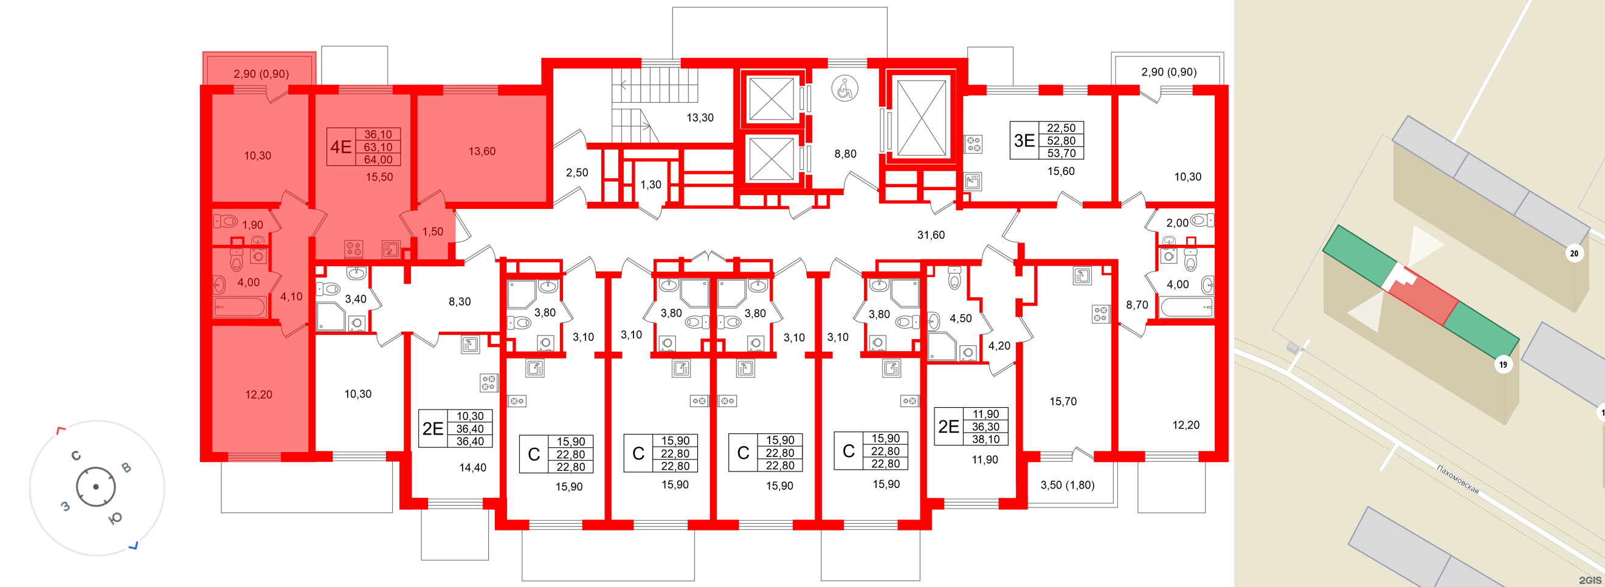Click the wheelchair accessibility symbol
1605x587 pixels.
(844, 89)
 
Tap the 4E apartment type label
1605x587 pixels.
(341, 147)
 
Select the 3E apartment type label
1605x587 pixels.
(1024, 141)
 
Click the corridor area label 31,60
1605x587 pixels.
(930, 235)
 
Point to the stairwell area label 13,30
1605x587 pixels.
(700, 118)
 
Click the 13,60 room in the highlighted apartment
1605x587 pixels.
(481, 151)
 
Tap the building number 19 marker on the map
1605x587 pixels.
(1503, 365)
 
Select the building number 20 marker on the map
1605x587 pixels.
(1574, 253)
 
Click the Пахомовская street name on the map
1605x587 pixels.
(1458, 479)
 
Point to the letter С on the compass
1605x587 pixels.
(76, 456)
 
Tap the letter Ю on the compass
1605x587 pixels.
(116, 518)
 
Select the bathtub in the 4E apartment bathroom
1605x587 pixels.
(240, 307)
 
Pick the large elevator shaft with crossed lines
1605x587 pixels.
(920, 118)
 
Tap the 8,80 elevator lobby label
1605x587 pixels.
(845, 154)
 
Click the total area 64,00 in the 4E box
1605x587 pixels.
(378, 160)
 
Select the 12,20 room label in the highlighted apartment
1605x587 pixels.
(258, 394)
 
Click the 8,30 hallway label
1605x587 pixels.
(459, 301)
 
